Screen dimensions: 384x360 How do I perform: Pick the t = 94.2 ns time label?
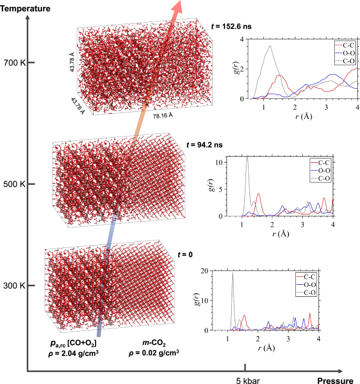click(205, 144)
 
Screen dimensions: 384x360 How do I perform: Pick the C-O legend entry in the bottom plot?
click(307, 290)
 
